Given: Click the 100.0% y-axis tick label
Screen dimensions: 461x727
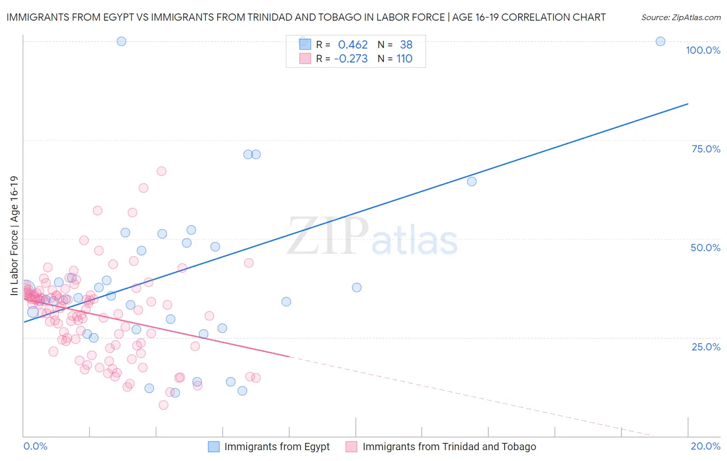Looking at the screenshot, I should tap(703, 50).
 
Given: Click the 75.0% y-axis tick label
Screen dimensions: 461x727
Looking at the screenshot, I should tap(705, 149).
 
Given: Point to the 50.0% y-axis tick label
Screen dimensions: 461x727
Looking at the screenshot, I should tap(705, 248).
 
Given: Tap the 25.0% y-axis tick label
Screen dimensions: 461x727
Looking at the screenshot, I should tap(705, 347).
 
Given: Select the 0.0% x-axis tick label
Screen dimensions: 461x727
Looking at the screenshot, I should tap(35, 446).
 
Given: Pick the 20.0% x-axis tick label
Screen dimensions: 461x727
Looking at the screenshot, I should tap(705, 446).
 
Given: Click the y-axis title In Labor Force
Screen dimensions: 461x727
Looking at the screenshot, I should tap(14, 236).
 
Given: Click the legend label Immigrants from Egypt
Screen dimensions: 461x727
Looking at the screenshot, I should tap(277, 447).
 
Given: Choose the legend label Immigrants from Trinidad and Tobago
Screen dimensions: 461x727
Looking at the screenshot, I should tap(449, 447).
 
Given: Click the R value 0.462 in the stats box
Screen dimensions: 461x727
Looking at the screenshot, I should tap(353, 45).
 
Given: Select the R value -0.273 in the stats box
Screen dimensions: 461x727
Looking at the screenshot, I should tap(351, 59).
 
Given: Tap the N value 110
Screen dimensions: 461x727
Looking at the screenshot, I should tap(404, 59).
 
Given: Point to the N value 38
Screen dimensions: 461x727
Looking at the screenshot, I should tap(406, 45).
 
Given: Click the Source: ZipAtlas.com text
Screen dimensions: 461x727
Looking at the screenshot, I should tap(680, 17).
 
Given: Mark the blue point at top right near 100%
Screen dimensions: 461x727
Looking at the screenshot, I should tap(660, 41).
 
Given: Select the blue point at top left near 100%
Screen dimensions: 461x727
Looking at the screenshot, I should tap(122, 41).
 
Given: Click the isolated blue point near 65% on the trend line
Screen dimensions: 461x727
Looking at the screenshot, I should tap(472, 181).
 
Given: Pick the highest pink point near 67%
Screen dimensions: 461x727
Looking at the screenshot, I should tap(161, 171).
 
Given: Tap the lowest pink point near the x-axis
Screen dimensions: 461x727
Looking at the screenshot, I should tap(163, 405).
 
